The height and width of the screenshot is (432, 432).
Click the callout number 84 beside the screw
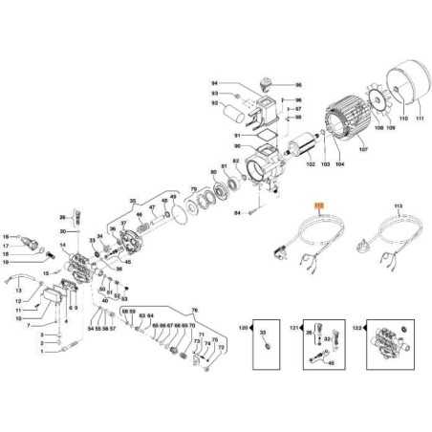pyautogui.click(x=238, y=213)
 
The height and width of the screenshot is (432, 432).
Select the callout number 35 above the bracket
pyautogui.click(x=133, y=202)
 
